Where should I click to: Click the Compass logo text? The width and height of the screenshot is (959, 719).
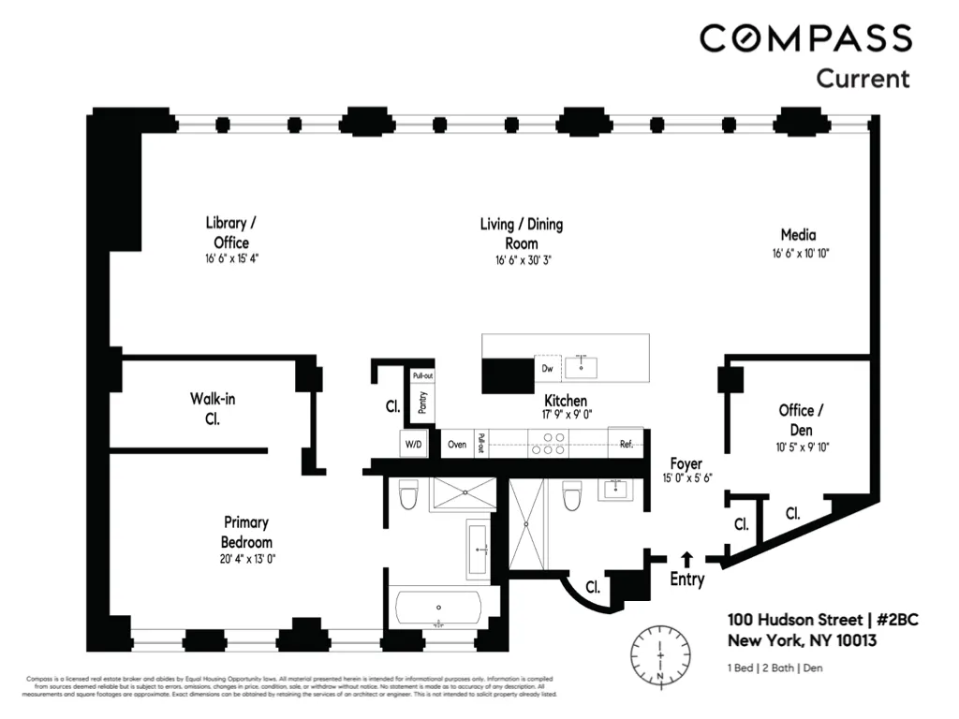(805, 38)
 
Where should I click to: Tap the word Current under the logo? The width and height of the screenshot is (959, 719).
(863, 78)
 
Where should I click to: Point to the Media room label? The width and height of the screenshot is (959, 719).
(799, 235)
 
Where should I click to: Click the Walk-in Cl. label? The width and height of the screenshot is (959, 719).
(213, 408)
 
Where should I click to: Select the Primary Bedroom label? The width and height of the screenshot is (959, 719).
(246, 533)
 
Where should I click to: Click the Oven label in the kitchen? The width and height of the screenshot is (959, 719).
(457, 445)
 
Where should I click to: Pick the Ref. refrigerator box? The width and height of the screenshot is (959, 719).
(626, 444)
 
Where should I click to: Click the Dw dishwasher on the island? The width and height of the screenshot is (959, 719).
(547, 368)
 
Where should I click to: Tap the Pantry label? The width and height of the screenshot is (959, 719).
(422, 402)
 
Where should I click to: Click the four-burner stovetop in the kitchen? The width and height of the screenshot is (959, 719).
(548, 443)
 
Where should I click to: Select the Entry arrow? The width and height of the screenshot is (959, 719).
(686, 559)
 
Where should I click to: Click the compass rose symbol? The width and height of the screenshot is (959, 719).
(661, 653)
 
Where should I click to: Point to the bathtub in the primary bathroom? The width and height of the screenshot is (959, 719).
(438, 609)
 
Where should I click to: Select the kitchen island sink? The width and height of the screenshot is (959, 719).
(587, 364)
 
